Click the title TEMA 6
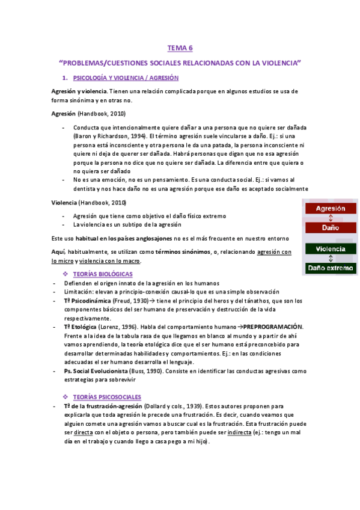tap(180, 48)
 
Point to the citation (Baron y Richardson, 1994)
tap(109, 137)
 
